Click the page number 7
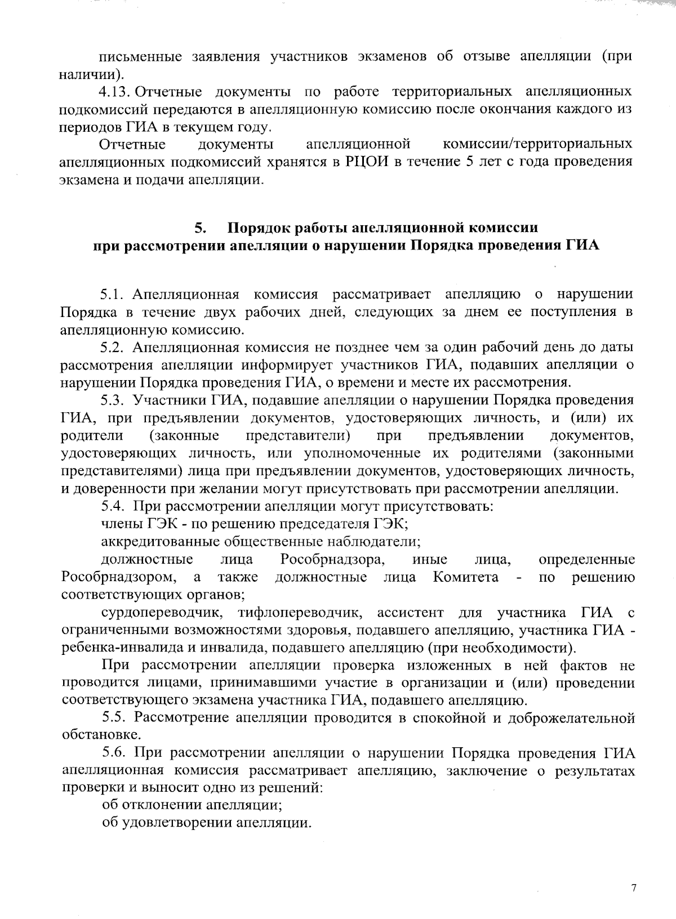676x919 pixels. [634, 889]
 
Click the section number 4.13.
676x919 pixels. [115, 91]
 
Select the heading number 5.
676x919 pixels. [200, 228]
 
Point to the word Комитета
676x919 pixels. [466, 577]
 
